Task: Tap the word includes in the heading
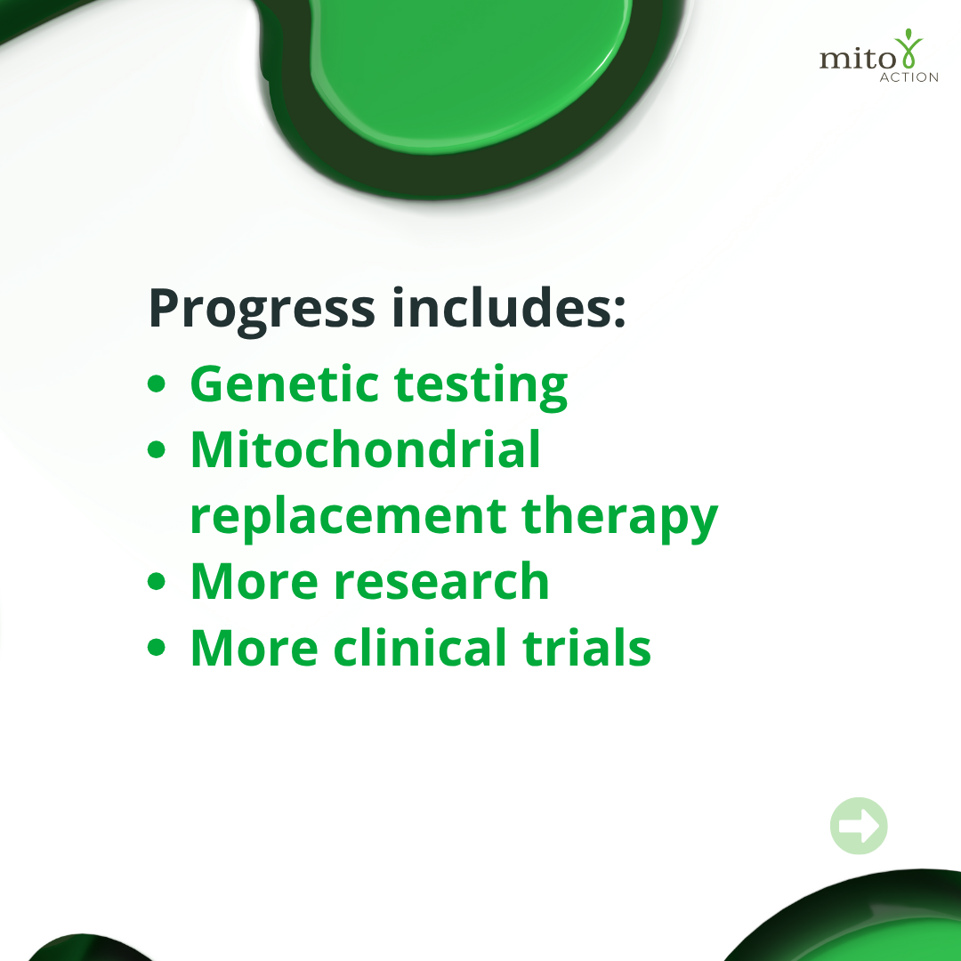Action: click(509, 307)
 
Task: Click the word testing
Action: click(481, 387)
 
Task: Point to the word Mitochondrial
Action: click(366, 449)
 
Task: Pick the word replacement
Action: click(348, 518)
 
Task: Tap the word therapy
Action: click(619, 519)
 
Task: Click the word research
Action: click(441, 582)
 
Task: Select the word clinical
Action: click(420, 647)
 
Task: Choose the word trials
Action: click(586, 647)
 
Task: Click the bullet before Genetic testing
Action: click(157, 384)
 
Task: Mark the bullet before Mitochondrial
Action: click(157, 449)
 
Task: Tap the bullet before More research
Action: click(157, 581)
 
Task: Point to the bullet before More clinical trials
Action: click(157, 647)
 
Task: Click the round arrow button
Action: click(859, 826)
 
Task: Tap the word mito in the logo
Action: click(858, 59)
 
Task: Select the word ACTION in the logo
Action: click(909, 77)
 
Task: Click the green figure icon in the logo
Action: click(909, 48)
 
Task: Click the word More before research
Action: click(254, 581)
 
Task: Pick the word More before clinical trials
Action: click(254, 647)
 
